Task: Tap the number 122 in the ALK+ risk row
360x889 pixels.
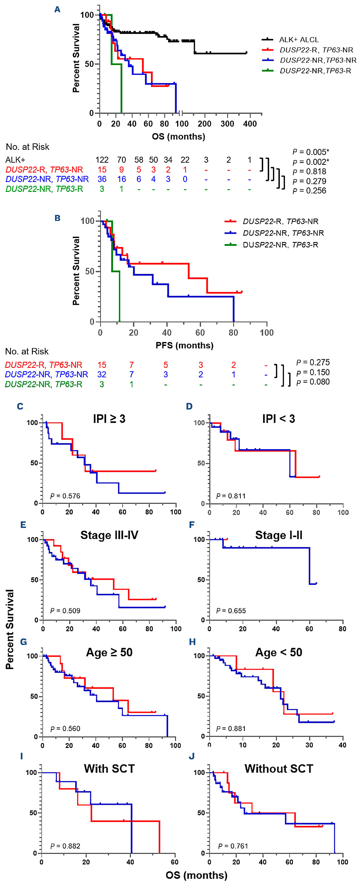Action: point(102,160)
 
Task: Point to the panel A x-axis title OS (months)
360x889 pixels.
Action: point(178,136)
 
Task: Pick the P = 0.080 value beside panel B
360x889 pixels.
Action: point(313,382)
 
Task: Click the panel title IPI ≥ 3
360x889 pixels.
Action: point(109,419)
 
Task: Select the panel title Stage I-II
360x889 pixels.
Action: point(278,535)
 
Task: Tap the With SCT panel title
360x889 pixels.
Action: point(109,769)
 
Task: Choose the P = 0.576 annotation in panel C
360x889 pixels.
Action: point(65,496)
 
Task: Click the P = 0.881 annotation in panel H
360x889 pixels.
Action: point(231,729)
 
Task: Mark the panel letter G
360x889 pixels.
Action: point(24,642)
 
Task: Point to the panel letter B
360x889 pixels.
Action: point(58,218)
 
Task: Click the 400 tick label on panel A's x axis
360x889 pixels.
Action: point(250,124)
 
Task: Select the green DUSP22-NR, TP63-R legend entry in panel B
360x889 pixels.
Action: point(280,245)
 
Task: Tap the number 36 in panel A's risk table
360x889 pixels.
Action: point(102,179)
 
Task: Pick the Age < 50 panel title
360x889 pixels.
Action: point(278,652)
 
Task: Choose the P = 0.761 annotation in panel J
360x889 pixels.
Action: point(233,846)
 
